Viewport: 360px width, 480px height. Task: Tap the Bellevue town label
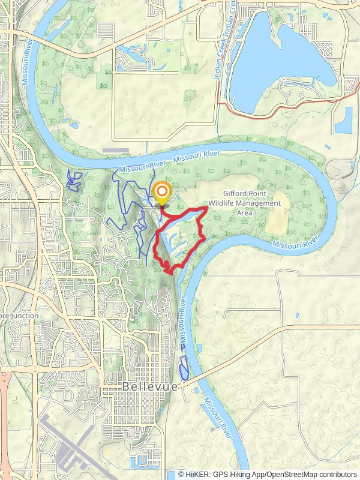click(x=150, y=387)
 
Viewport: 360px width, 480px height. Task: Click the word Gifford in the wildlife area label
click(x=238, y=194)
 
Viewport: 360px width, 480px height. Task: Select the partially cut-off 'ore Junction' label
click(x=19, y=316)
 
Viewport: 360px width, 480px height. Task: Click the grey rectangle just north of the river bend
click(x=115, y=150)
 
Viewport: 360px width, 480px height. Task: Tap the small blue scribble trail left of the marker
click(x=74, y=180)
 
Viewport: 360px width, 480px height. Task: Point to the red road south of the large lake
click(x=282, y=106)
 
